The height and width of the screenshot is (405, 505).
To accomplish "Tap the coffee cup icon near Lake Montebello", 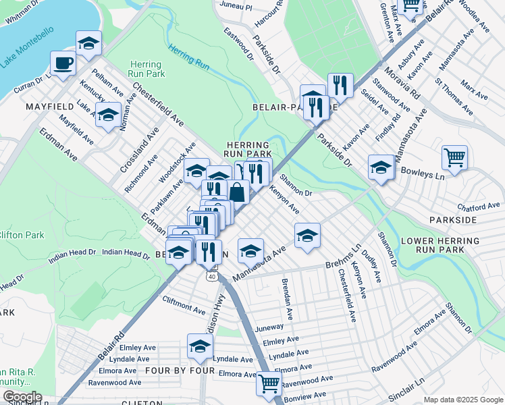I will [63, 63].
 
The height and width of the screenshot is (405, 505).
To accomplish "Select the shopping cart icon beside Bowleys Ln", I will [455, 158].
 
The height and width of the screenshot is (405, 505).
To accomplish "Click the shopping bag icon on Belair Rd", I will [238, 192].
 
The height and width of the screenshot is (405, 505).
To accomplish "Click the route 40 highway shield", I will [213, 276].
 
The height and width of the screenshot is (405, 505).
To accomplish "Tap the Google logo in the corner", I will [22, 397].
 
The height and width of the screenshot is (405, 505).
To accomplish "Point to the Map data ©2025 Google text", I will [462, 400].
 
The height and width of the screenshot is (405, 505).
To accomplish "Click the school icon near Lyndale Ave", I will [200, 346].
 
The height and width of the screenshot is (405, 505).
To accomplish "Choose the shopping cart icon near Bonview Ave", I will [269, 383].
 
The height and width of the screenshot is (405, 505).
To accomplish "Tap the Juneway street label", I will [271, 327].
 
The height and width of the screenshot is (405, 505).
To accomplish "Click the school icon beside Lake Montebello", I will [88, 43].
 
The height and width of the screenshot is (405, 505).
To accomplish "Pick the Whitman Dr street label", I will [22, 4].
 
